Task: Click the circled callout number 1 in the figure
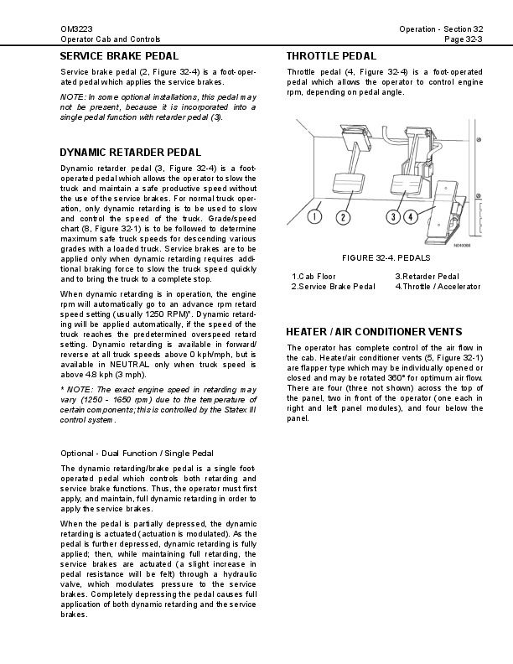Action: (313, 218)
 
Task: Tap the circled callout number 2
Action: (343, 218)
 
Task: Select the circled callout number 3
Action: (394, 218)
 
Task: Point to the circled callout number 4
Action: (411, 218)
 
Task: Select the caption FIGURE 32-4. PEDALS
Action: (385, 257)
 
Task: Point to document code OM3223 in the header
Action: (74, 29)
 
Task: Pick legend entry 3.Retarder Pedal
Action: (427, 276)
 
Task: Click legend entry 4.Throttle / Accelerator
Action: (438, 287)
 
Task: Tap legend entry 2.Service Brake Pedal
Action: (333, 287)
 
